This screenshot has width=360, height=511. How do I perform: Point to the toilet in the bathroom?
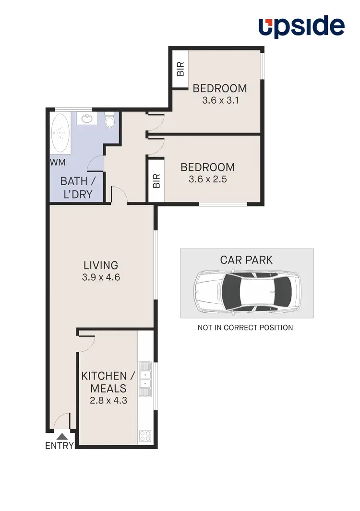click(110, 121)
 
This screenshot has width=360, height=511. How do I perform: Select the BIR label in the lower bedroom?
click(156, 180)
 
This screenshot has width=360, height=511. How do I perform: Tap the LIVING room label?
click(101, 265)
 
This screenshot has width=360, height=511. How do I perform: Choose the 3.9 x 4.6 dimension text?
click(101, 277)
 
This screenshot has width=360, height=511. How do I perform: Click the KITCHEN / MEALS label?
click(104, 382)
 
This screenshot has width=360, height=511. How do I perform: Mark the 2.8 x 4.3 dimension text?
click(108, 400)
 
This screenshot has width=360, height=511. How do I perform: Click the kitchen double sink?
click(145, 379)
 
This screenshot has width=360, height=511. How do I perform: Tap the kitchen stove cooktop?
click(145, 436)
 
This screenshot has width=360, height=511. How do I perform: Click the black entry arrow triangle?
click(62, 436)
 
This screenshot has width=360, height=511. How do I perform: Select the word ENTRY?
click(60, 445)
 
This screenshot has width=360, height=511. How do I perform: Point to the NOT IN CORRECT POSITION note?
click(245, 328)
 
